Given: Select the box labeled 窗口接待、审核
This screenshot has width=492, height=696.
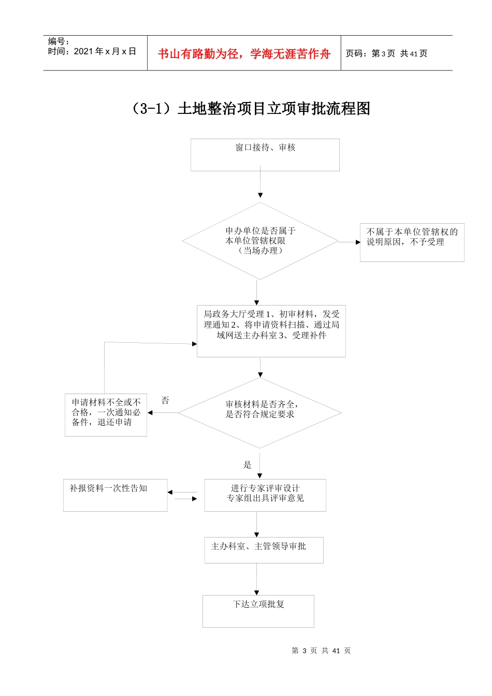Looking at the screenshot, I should tap(265, 154).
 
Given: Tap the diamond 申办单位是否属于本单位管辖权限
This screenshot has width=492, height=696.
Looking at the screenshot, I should tap(261, 241).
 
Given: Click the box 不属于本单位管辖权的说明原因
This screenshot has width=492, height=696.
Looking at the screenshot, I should tap(412, 242).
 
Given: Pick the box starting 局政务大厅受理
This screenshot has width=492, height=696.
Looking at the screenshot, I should tap(271, 330).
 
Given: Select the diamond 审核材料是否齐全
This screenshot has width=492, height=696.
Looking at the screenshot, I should tap(260, 412).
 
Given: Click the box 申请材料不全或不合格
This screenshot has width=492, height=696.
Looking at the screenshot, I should tap(106, 414).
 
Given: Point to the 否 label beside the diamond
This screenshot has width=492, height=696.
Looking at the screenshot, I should tap(165, 400).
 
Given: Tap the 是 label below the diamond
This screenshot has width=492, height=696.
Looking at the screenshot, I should tap(248, 465).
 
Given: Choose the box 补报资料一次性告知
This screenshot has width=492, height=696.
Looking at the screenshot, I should tap(115, 495).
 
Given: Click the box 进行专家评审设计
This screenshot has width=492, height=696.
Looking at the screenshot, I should tap(265, 495).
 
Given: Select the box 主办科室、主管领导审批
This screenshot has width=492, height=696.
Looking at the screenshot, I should tap(263, 549).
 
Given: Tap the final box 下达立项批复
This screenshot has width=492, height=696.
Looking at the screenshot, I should tap(258, 611).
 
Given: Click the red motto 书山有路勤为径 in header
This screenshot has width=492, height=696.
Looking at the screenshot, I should tap(244, 54).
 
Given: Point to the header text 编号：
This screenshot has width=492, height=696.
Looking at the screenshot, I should tap(59, 41).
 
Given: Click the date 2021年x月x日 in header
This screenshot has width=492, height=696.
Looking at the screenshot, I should tap(92, 51).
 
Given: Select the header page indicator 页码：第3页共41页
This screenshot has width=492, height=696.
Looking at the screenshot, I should tap(386, 53).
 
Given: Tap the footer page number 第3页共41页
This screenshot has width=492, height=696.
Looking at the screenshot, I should tap(321, 650).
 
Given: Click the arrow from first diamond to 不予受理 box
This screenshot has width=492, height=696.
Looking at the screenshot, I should tap(350, 242).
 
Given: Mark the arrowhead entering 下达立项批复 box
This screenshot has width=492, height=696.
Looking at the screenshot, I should tap(256, 592).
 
